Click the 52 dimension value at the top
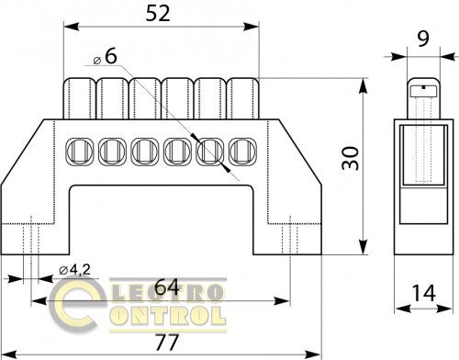[158, 14]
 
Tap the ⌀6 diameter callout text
[106, 57]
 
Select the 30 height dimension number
[351, 158]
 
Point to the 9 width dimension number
[423, 39]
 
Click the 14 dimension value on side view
[424, 293]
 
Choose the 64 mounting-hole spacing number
[167, 287]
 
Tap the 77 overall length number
[167, 342]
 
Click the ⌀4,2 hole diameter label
[75, 270]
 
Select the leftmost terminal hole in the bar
[80, 152]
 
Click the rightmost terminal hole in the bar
[243, 152]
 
